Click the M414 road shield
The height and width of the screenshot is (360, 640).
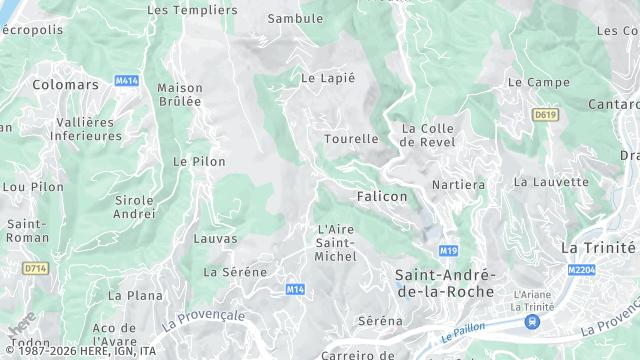[127, 80]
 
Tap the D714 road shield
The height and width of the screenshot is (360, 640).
[35, 268]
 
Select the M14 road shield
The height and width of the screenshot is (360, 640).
[294, 289]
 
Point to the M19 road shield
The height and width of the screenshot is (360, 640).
[447, 249]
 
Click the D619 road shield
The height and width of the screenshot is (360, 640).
[545, 115]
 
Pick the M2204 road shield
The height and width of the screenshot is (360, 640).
[581, 269]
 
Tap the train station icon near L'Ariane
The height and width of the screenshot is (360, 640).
[532, 321]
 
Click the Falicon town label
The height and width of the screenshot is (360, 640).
[382, 197]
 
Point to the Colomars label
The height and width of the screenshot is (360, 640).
[66, 85]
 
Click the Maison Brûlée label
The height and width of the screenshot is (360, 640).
[180, 95]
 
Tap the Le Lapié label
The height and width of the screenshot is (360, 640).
[328, 77]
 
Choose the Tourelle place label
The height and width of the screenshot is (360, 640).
[352, 139]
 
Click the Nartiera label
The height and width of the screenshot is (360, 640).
[458, 185]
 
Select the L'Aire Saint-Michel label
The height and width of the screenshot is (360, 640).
[336, 243]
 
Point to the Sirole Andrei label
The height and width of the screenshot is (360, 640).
[135, 206]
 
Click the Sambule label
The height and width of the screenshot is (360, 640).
[296, 19]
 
